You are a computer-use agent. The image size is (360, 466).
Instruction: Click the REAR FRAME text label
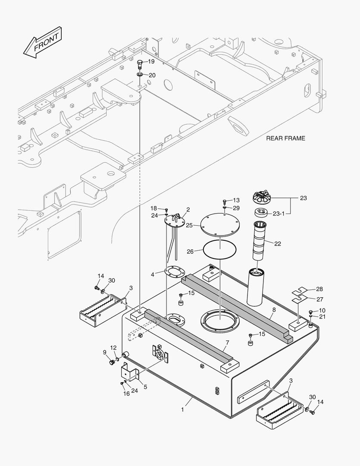285,139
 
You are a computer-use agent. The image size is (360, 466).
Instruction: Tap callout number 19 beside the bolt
151,62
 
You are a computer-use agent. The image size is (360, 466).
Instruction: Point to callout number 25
189,226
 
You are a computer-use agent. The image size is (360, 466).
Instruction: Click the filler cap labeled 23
264,198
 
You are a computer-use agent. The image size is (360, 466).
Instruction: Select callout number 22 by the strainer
277,244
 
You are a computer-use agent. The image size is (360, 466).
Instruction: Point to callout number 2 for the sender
188,210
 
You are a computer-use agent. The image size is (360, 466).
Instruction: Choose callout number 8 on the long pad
273,309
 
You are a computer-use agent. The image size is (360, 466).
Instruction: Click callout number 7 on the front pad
227,343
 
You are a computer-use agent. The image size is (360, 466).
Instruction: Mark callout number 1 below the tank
182,409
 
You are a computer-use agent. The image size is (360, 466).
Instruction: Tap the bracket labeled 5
130,372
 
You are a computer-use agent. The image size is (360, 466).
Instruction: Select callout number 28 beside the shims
319,289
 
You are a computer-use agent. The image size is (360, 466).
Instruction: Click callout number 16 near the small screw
126,394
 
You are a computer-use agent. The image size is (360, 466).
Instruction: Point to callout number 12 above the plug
113,348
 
